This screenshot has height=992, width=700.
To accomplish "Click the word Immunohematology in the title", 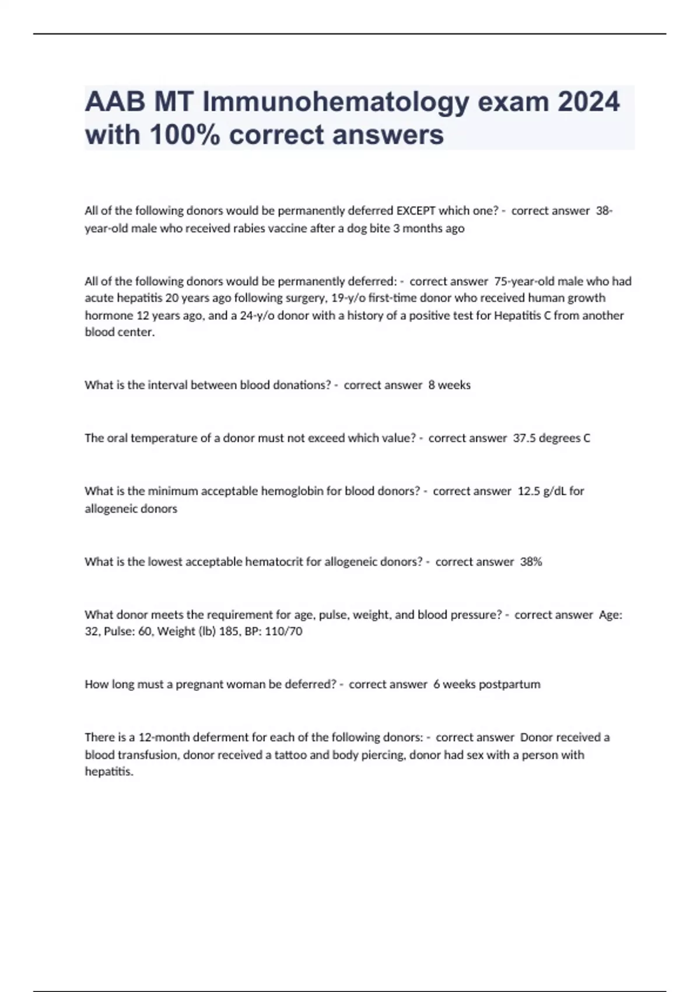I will [335, 103].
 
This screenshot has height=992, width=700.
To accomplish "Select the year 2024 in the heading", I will [589, 103].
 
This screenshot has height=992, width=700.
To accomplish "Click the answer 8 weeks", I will [449, 385].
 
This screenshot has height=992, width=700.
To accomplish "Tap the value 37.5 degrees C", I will [551, 438].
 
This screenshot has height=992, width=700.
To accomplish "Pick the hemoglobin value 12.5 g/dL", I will [542, 491].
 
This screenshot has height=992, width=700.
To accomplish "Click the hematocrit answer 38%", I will [531, 562].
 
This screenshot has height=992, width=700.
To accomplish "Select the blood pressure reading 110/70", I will [283, 631].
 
